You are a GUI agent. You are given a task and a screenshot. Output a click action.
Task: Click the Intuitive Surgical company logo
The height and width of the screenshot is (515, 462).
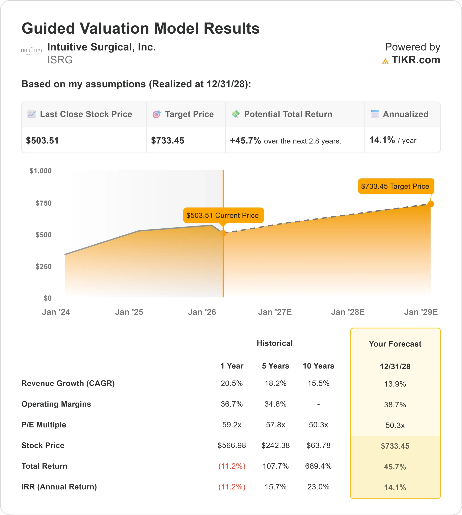coord(32,51)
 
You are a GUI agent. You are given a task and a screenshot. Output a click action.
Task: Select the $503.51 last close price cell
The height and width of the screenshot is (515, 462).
coord(42,141)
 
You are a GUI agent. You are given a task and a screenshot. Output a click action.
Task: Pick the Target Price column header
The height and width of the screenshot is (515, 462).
coord(189,114)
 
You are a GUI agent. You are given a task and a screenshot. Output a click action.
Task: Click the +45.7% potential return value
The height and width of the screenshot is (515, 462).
coord(245,141)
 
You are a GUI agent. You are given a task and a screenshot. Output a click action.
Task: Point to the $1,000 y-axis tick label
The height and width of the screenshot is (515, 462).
coord(41,171)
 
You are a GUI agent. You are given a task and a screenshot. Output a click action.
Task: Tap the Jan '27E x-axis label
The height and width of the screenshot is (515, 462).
coord(275,312)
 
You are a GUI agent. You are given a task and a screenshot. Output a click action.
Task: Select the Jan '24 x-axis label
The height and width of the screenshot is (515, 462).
coord(56,312)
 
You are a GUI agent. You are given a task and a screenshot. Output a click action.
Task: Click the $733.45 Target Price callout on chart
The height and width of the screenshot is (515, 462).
coord(395,186)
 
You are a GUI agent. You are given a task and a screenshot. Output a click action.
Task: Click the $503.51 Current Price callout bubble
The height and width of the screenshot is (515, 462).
coord(223,215)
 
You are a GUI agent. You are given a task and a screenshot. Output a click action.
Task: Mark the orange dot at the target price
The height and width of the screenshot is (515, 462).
coord(431,204)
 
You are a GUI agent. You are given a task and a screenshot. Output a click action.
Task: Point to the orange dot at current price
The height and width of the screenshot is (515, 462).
coord(223,233)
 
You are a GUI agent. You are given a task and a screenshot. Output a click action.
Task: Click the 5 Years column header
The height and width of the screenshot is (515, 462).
coord(275,366)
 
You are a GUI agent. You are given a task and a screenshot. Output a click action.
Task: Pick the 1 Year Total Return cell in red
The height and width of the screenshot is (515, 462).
coord(232,466)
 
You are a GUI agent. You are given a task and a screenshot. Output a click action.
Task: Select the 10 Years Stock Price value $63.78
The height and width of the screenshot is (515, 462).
coord(318,445)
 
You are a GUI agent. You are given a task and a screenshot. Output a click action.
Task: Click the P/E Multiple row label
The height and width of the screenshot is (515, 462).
coord(44,424)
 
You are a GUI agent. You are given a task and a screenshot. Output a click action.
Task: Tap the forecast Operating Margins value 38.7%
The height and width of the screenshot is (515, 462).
coord(395,405)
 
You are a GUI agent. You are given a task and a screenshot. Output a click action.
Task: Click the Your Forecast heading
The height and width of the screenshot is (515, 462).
coord(395,344)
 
